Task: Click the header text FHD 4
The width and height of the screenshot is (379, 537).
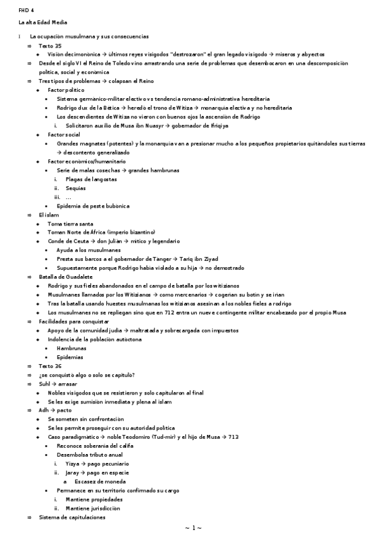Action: click(27, 11)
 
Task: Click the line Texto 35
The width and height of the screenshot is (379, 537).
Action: click(50, 46)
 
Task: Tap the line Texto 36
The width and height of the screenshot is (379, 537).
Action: click(50, 366)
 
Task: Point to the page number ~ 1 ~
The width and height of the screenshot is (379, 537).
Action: click(193, 527)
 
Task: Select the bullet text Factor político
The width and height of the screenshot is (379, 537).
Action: click(67, 91)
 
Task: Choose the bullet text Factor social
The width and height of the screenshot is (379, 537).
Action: click(64, 135)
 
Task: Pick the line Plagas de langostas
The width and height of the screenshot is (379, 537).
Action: click(91, 179)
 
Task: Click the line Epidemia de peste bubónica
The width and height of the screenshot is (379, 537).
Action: click(93, 206)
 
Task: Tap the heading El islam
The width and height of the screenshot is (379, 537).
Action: click(49, 215)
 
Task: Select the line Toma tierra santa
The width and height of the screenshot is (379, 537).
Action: click(70, 224)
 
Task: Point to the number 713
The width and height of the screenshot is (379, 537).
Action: click(233, 437)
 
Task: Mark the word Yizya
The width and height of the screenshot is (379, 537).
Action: click(73, 464)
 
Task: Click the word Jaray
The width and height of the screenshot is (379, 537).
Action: click(73, 472)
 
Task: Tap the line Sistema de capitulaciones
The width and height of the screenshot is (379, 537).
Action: click(72, 517)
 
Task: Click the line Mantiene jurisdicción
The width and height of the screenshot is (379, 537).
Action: click(93, 508)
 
